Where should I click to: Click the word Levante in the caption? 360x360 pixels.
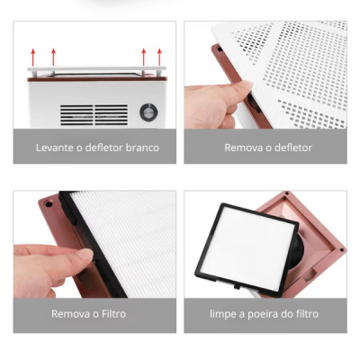click(53, 147)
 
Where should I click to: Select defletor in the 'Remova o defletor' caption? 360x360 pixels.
click(292, 147)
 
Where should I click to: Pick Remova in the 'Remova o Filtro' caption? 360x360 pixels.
click(68, 314)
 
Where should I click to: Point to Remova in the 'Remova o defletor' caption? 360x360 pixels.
click(241, 147)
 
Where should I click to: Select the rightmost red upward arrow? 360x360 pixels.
click(159, 55)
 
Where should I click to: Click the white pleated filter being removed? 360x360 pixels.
click(121, 238)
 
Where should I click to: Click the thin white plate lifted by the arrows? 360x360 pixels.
click(94, 68)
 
